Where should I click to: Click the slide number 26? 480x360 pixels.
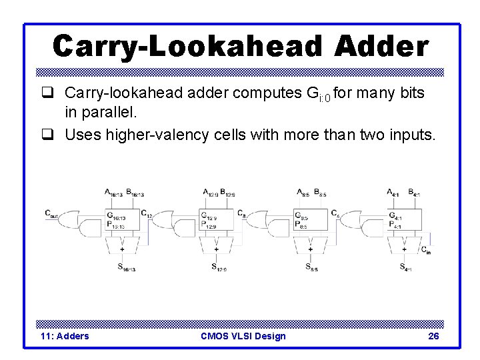(433, 336)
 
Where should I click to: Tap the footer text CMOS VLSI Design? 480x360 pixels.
(243, 336)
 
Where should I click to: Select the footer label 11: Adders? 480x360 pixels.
(65, 336)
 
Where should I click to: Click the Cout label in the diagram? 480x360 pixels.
(51, 213)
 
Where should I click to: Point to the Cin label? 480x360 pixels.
(425, 249)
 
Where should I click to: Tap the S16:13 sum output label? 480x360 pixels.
(126, 268)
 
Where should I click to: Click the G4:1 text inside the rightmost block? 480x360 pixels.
(395, 216)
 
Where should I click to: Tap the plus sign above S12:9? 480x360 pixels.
(216, 249)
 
